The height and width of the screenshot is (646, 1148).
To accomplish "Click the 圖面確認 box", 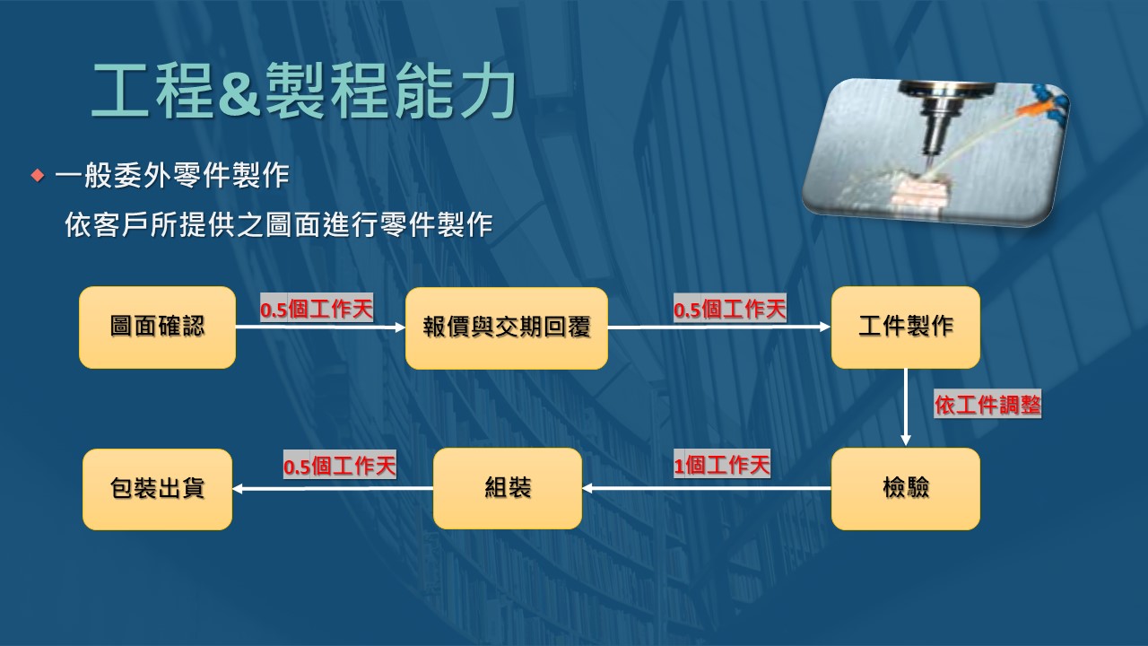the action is [157, 327].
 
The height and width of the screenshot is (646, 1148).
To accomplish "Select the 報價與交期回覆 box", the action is [507, 328].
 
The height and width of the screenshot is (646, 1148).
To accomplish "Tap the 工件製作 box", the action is [906, 327].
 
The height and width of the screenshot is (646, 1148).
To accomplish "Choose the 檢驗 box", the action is [906, 489].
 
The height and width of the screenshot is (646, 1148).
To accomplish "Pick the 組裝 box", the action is [508, 488].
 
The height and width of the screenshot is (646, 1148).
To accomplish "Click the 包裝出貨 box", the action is [157, 489].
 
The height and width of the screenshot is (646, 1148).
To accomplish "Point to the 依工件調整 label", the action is [987, 405].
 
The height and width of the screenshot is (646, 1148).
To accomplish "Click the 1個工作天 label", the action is [722, 466].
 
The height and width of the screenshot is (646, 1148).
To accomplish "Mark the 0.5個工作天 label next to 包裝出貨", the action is [340, 466].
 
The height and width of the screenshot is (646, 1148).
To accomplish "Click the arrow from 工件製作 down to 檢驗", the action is [906, 407].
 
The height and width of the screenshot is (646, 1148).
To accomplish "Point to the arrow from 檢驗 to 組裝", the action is [707, 488].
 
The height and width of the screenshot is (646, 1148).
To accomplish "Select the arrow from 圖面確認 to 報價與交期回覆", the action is [321, 327].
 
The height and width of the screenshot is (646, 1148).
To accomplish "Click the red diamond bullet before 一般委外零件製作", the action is [38, 176].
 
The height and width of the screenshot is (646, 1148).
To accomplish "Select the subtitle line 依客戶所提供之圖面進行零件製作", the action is [279, 225].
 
